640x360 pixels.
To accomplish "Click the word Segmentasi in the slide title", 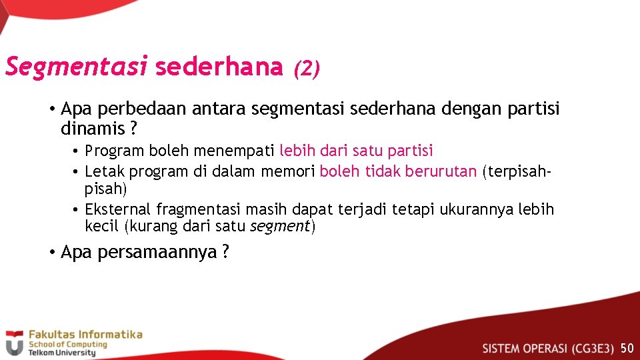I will pyautogui.click(x=76, y=67).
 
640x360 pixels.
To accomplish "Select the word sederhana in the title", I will pyautogui.click(x=219, y=67).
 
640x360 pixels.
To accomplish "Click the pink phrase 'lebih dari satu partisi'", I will pyautogui.click(x=356, y=151).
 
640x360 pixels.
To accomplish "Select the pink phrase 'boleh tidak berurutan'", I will pyautogui.click(x=398, y=171).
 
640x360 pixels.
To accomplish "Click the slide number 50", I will pyautogui.click(x=627, y=348).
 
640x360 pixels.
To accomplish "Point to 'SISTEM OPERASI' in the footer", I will pyautogui.click(x=525, y=348).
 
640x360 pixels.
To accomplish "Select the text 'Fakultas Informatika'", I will pyautogui.click(x=85, y=334).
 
